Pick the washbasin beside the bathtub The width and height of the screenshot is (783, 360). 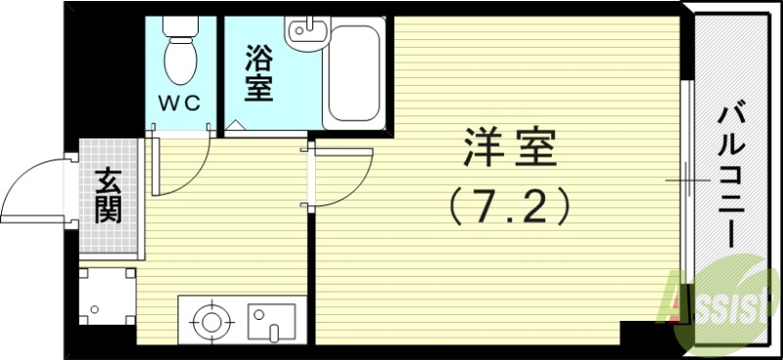304,33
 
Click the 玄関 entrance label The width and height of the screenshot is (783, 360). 109,196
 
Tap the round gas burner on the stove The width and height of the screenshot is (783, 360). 208,320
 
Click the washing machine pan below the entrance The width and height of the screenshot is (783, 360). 105,297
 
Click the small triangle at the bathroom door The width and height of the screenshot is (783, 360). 236,127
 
